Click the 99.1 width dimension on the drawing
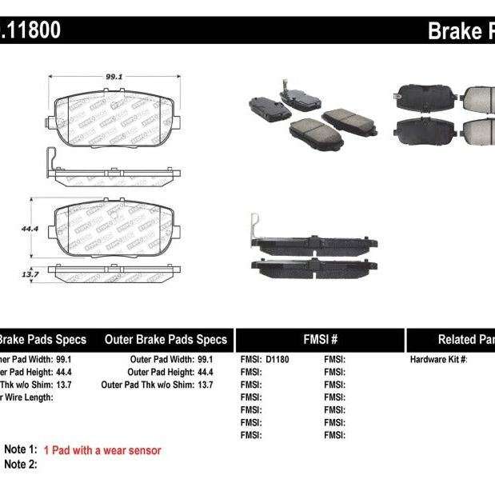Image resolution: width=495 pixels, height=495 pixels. (113, 78)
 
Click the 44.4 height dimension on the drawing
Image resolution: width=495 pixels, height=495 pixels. (31, 229)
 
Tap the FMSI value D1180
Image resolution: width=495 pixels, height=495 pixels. (277, 360)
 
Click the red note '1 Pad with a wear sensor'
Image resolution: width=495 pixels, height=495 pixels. (102, 451)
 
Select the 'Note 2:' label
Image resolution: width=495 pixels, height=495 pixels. (21, 464)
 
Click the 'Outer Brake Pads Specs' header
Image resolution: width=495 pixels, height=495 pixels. (166, 339)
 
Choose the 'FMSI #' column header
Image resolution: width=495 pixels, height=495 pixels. (320, 339)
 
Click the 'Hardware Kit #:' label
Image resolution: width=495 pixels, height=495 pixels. (438, 360)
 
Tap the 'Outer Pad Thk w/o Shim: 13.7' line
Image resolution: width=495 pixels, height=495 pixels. (158, 385)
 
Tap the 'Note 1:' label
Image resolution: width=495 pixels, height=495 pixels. (21, 451)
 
